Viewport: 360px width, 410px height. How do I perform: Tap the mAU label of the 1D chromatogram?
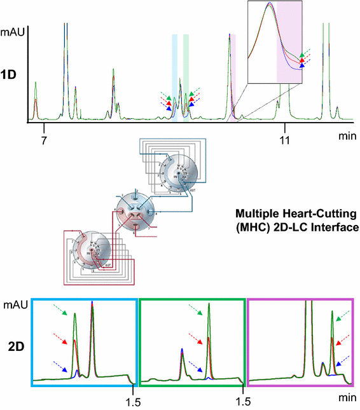(x=13, y=30)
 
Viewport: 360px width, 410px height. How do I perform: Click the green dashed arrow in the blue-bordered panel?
(x=60, y=310)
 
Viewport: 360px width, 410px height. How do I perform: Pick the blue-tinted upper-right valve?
(x=180, y=172)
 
